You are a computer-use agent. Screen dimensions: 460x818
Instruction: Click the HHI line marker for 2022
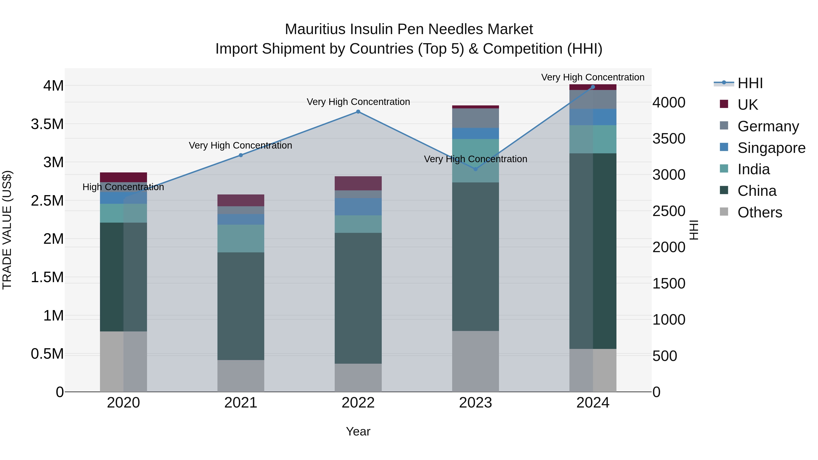click(358, 112)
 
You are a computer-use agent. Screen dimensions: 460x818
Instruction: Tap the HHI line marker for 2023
click(475, 169)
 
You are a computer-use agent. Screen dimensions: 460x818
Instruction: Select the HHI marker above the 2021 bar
click(241, 155)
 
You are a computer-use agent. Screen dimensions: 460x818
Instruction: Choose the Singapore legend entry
click(771, 148)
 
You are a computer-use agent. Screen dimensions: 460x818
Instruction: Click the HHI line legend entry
click(750, 83)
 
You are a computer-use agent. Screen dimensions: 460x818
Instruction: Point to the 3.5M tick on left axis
click(47, 124)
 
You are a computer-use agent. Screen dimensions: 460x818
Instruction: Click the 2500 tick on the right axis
click(669, 211)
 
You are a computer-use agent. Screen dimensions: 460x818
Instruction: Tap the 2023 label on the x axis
click(475, 403)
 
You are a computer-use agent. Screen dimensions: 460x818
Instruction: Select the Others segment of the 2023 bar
click(475, 361)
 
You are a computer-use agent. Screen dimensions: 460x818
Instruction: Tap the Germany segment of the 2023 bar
click(475, 118)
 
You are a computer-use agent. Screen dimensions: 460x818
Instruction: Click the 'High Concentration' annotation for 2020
click(123, 187)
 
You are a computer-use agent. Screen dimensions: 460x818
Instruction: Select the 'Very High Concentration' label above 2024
click(593, 77)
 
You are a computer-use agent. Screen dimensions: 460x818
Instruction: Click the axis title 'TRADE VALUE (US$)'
click(7, 230)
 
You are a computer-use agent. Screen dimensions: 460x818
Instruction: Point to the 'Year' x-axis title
click(358, 431)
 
